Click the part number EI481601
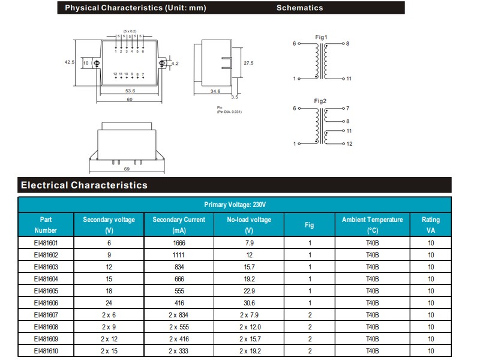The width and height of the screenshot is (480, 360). coord(46,243)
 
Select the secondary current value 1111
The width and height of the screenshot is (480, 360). coord(179,255)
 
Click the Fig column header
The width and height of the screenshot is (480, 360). coord(309,225)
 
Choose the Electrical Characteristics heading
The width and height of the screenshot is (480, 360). coord(84,185)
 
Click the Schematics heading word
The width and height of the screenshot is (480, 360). coord(299,8)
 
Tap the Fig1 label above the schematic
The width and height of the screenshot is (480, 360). coord(321,37)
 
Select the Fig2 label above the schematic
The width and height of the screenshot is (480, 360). coord(321,101)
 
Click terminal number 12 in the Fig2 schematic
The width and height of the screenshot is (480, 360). coord(349,144)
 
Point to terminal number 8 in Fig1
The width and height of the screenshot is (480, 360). coord(347,44)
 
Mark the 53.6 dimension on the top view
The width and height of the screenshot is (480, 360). coord(130,91)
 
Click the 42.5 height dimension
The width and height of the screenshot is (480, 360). coord(69,62)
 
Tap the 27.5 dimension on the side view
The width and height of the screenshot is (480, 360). coord(248,62)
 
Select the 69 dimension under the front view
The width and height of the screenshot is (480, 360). coord(127,170)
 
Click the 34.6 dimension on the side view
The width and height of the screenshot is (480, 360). coord(216,91)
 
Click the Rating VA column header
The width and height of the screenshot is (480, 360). coord(430,225)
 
